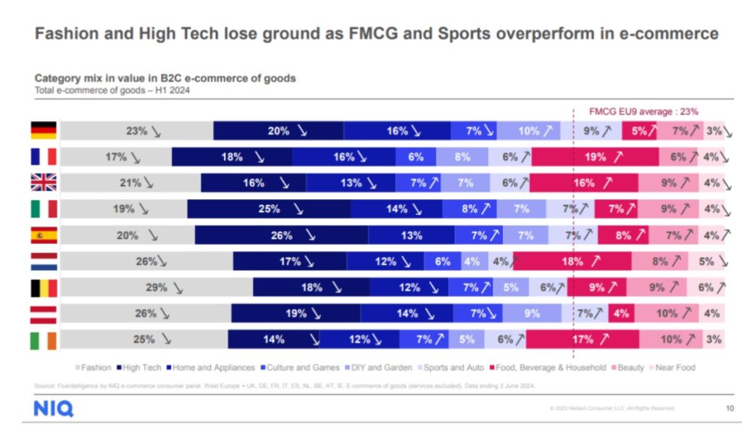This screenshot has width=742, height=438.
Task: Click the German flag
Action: pyautogui.click(x=43, y=131)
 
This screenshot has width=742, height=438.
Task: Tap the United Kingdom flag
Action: pyautogui.click(x=43, y=183)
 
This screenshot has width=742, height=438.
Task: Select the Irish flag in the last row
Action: pyautogui.click(x=43, y=340)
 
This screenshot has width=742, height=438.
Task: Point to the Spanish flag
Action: pyautogui.click(x=43, y=235)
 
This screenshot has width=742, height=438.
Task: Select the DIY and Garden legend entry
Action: pyautogui.click(x=380, y=368)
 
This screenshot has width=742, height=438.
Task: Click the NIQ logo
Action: pyautogui.click(x=53, y=409)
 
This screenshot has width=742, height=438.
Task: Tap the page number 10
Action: pyautogui.click(x=730, y=408)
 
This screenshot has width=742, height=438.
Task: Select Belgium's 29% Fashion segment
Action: pyautogui.click(x=156, y=287)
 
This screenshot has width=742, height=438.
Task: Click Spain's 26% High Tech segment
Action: pyautogui.click(x=281, y=235)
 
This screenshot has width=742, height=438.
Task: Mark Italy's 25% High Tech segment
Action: pyautogui.click(x=269, y=209)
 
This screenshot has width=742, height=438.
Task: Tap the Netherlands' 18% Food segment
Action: pyautogui.click(x=572, y=261)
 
